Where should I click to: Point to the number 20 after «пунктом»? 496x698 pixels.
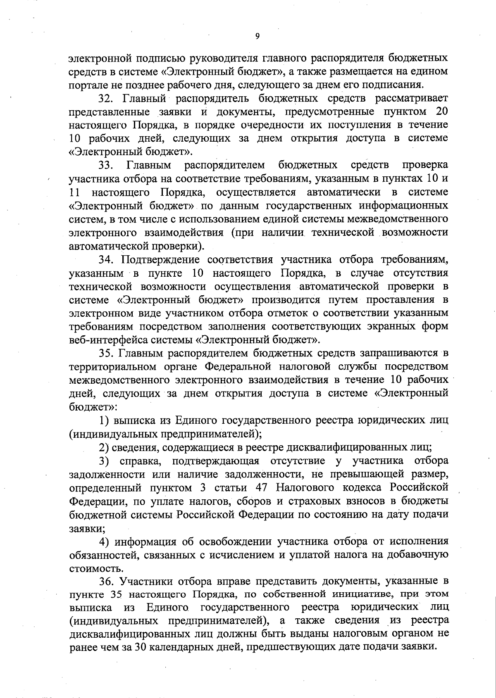pos(441,112)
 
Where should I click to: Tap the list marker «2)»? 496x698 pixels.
pos(104,447)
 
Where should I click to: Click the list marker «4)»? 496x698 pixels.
pos(104,541)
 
